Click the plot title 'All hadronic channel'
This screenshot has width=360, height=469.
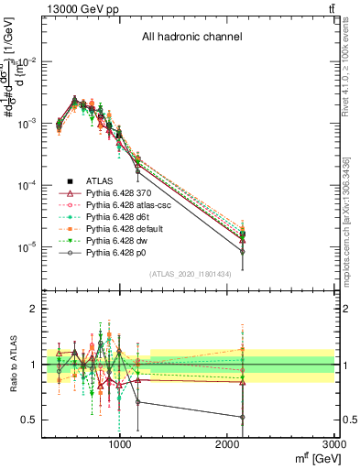click(x=191, y=38)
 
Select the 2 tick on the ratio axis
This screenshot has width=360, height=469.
click(x=34, y=310)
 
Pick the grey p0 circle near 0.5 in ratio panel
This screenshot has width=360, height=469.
click(x=243, y=418)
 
